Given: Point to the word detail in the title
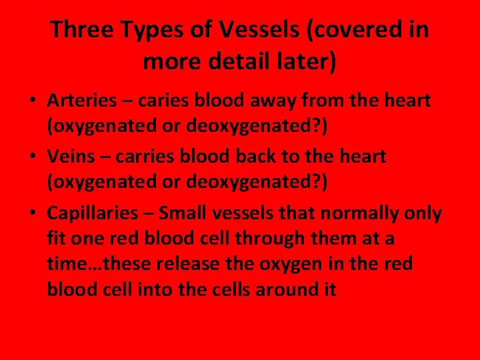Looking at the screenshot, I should click(x=245, y=62).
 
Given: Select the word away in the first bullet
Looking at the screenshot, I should click(x=281, y=101).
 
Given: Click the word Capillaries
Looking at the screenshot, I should click(x=93, y=214).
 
